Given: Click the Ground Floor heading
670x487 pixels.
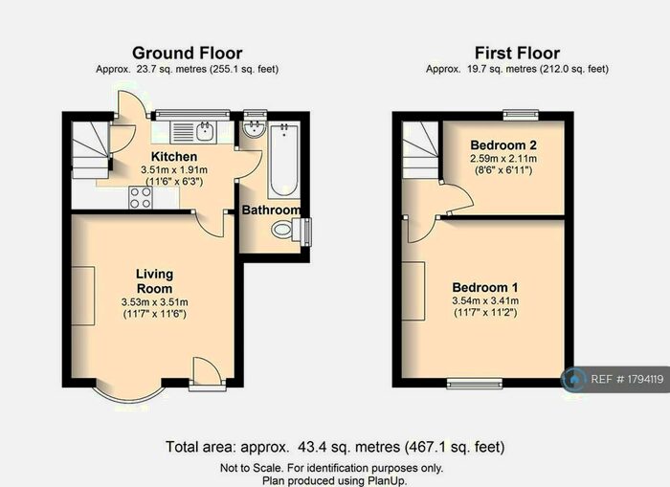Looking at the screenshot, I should point(187,53).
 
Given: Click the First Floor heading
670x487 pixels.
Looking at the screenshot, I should point(517,53).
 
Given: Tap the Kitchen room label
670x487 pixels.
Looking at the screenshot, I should point(173,156).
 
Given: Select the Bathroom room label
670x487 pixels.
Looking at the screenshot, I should point(271,210).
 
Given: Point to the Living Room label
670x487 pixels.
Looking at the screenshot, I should point(154,280).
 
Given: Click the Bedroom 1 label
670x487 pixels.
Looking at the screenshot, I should point(485,287).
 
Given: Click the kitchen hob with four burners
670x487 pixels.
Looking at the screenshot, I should point(142,197).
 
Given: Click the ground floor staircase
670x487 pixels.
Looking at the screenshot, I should point(92,148).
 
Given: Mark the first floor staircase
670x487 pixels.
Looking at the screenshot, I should point(419,148).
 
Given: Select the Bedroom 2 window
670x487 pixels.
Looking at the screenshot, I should point(521,115).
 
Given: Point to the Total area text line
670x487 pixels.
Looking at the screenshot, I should point(335,447).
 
